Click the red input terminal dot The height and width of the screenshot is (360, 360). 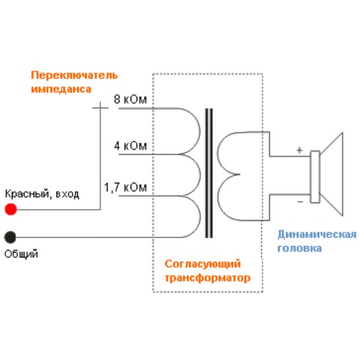pyautogui.click(x=11, y=209)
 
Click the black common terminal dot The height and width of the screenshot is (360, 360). pyautogui.click(x=11, y=237)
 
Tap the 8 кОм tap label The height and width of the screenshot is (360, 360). pyautogui.click(x=130, y=100)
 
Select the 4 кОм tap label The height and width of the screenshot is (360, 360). pyautogui.click(x=131, y=146)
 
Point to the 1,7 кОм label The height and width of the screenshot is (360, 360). pyautogui.click(x=125, y=187)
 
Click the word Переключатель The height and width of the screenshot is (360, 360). pyautogui.click(x=74, y=75)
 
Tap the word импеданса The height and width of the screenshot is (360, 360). pyautogui.click(x=61, y=89)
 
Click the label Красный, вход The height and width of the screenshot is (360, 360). pyautogui.click(x=42, y=195)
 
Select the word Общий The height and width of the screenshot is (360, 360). pyautogui.click(x=21, y=254)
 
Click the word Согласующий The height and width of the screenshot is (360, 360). pyautogui.click(x=202, y=264)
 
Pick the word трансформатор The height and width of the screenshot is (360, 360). pyautogui.click(x=208, y=278)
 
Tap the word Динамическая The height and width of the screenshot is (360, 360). pyautogui.click(x=317, y=235)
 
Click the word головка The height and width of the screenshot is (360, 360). pyautogui.click(x=299, y=249)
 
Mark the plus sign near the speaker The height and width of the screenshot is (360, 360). pyautogui.click(x=299, y=150)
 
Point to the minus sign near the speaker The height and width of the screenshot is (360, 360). pyautogui.click(x=300, y=202)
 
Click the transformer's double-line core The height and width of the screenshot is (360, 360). pyautogui.click(x=209, y=173)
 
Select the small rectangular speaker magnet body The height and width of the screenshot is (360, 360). pyautogui.click(x=315, y=177)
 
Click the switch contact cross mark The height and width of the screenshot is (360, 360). pyautogui.click(x=100, y=107)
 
